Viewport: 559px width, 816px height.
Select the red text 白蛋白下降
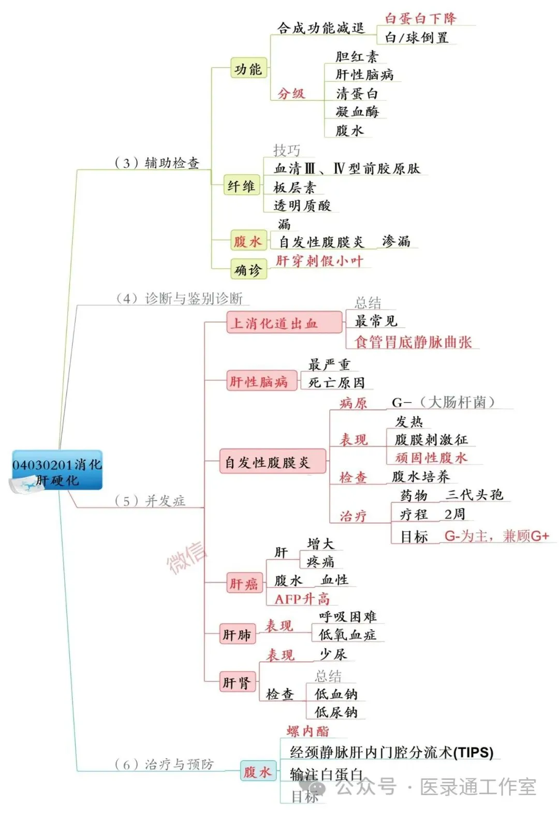420,19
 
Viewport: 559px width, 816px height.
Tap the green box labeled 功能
248,68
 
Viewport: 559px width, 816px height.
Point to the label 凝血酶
357,111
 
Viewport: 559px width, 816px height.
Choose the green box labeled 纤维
241,186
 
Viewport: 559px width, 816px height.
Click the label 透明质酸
302,206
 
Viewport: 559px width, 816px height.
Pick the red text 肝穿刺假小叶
319,260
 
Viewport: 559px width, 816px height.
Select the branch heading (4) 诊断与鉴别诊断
179,298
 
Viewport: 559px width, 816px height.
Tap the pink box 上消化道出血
274,324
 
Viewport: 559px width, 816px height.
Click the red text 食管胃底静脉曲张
413,342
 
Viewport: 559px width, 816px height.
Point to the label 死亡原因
336,383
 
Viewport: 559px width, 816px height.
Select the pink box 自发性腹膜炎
267,462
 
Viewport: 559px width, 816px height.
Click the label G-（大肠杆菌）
443,402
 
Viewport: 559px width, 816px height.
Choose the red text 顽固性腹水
431,458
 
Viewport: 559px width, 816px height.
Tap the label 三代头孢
474,495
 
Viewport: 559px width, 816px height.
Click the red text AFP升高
302,599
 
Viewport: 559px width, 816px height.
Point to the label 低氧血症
347,635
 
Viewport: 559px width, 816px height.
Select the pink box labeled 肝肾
237,683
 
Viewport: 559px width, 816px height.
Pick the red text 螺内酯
307,731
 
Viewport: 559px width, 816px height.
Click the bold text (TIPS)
473,752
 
